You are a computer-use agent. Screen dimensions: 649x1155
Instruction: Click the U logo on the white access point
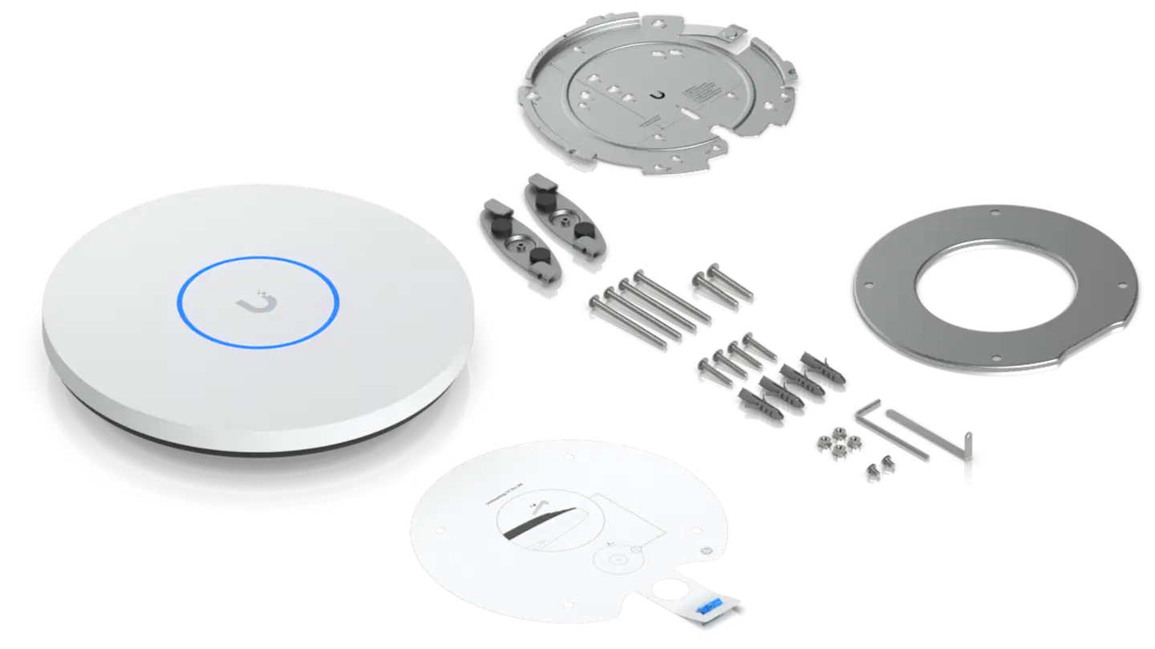pos(258,302)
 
